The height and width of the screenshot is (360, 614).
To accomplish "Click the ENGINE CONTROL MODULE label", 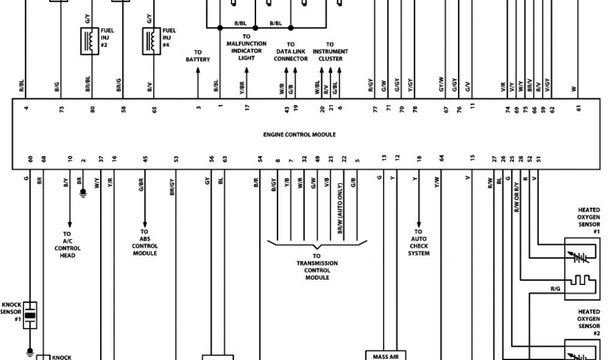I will [299, 134].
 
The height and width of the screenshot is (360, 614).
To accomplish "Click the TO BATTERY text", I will [198, 56].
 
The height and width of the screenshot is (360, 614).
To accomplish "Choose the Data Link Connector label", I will [291, 52].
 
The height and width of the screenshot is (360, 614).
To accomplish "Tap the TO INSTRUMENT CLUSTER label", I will [330, 52].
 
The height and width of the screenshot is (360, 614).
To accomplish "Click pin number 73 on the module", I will [61, 109].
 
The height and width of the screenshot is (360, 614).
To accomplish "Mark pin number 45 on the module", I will [145, 159].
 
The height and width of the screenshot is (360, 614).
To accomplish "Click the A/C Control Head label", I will [67, 245].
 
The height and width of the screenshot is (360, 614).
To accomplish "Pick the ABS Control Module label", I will [145, 242].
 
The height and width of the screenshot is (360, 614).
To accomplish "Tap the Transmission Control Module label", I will [317, 267].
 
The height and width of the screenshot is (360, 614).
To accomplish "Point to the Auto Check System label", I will [419, 242].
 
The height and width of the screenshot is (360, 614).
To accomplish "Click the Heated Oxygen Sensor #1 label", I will [588, 220].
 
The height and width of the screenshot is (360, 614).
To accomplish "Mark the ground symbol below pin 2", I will [83, 195].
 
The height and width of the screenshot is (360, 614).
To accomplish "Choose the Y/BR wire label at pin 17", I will [242, 88].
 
